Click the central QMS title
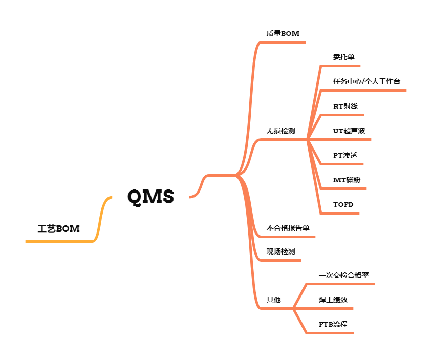(x=150, y=197)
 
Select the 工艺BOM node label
(x=59, y=229)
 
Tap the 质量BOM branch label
(x=283, y=33)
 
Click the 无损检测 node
(x=280, y=131)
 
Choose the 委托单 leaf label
(x=343, y=57)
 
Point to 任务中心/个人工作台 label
(x=366, y=81)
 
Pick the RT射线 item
(x=345, y=106)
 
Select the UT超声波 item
(x=349, y=131)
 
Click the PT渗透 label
(x=345, y=155)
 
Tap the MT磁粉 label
(x=347, y=180)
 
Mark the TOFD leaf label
(x=343, y=204)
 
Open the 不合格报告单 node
(x=288, y=228)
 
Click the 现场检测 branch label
(x=280, y=251)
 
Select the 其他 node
(x=273, y=300)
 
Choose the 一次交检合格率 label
(x=343, y=275)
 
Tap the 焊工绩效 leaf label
(x=333, y=300)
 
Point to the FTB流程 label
(x=333, y=324)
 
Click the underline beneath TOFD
(x=339, y=213)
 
